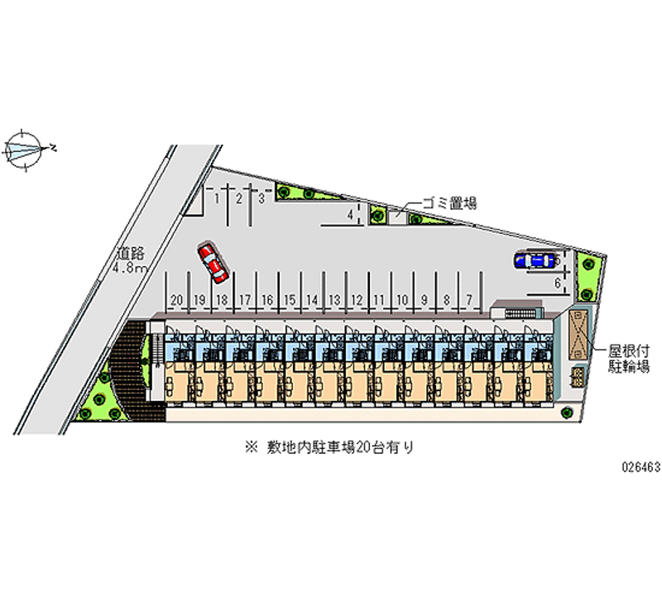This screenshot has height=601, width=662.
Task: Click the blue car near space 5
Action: click(535, 260)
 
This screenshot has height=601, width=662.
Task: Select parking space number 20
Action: click(176, 298)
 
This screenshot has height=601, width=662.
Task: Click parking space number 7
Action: click(469, 298)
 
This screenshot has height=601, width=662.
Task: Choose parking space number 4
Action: click(351, 215)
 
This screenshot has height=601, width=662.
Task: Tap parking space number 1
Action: click(217, 198)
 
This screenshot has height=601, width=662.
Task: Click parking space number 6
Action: click(559, 283)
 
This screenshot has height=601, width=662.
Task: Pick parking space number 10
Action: click(401, 298)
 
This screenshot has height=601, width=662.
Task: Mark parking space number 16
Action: click(267, 298)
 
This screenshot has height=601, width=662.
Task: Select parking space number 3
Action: click(261, 198)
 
